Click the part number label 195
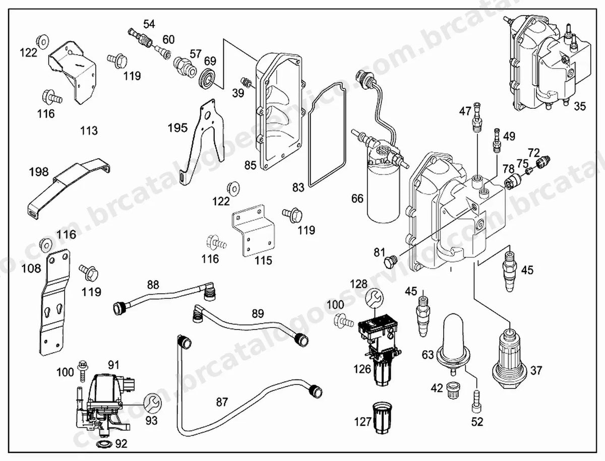tap(178, 128)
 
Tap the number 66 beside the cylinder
tap(357, 199)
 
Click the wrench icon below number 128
tap(375, 299)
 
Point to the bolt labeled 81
tap(391, 261)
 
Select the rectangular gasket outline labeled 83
tap(327, 135)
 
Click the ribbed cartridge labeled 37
tap(509, 359)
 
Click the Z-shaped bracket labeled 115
tap(254, 231)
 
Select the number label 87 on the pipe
tap(222, 403)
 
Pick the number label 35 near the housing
tap(579, 106)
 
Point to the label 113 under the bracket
tap(89, 130)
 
